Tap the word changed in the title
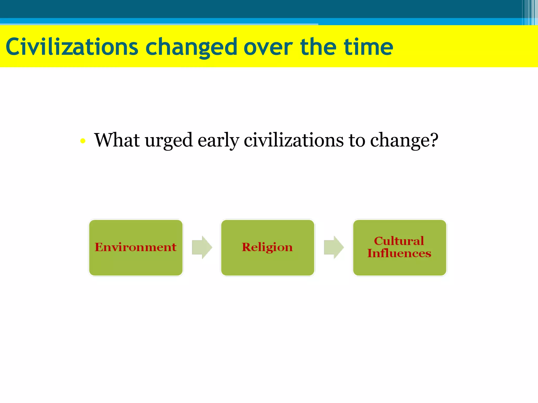tap(192, 47)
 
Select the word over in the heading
tap(268, 47)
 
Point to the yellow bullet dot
tap(83, 141)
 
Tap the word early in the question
tap(218, 141)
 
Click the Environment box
tap(136, 247)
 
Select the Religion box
tap(267, 247)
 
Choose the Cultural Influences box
tap(400, 247)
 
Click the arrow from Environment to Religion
tap(202, 247)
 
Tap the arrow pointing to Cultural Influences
tap(334, 247)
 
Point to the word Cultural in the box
tap(399, 241)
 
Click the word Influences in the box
tap(399, 253)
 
